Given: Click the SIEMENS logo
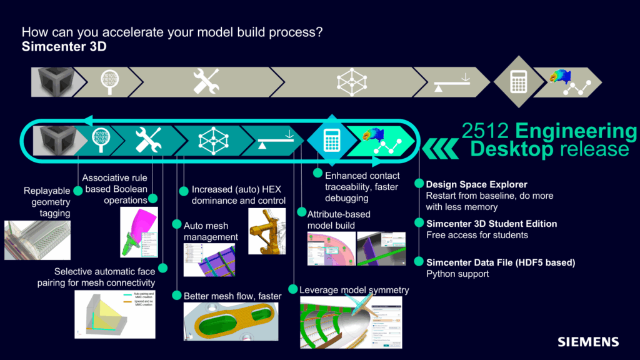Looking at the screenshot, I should pyautogui.click(x=588, y=342).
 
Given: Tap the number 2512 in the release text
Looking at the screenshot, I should pyautogui.click(x=482, y=132).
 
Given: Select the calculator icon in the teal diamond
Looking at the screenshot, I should pyautogui.click(x=331, y=140).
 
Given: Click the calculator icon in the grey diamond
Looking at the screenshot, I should pyautogui.click(x=518, y=82).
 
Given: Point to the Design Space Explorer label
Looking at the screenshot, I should pyautogui.click(x=476, y=184).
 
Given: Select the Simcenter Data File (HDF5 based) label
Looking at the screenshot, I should pyautogui.click(x=500, y=262).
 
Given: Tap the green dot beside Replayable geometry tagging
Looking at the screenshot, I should pyautogui.click(x=78, y=190).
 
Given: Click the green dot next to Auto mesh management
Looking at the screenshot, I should pyautogui.click(x=177, y=224).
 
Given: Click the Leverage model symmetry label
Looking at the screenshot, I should pyautogui.click(x=354, y=290).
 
